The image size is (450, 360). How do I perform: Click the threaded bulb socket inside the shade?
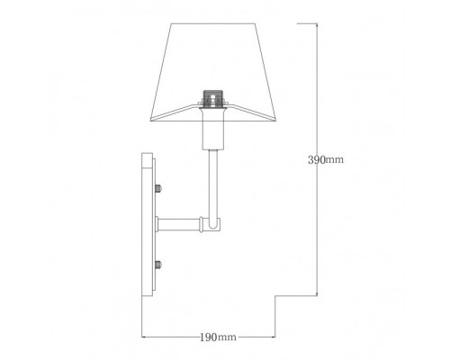tap(212, 96)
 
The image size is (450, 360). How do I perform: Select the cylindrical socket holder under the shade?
tap(213, 130)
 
